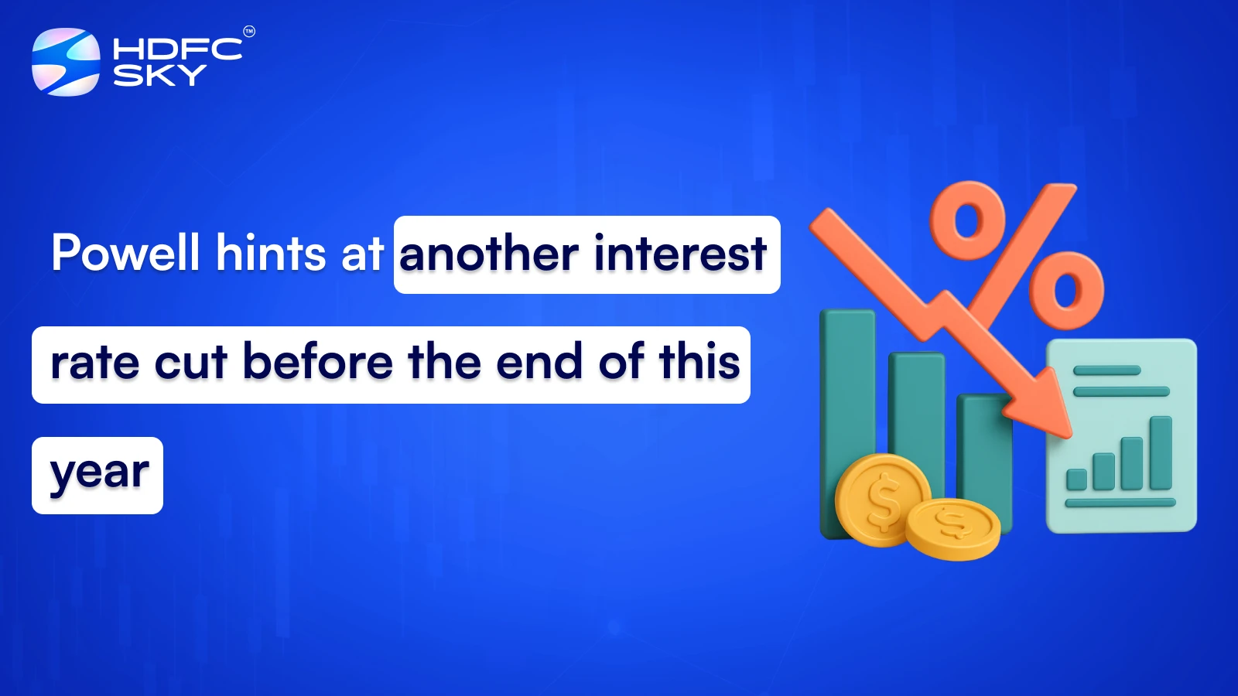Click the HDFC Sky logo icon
[66, 62]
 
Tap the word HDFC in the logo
[177, 49]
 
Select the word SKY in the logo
[159, 76]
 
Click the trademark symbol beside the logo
[249, 32]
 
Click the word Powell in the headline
[126, 253]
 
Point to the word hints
[271, 253]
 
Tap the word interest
[680, 254]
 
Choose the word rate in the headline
[95, 363]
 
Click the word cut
[191, 363]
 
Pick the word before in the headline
[318, 363]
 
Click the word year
[99, 474]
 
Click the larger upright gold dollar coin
[883, 500]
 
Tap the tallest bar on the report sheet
[1160, 453]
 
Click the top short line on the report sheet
[1106, 370]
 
